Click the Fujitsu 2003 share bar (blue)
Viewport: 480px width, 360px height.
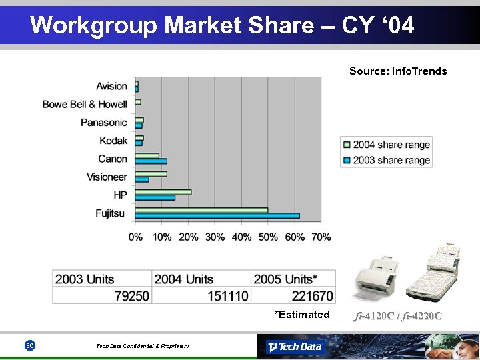pyautogui.click(x=217, y=216)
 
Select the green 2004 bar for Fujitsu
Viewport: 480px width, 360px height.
pyautogui.click(x=201, y=210)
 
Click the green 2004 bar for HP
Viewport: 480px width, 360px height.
pyautogui.click(x=163, y=192)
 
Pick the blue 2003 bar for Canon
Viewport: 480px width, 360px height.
pyautogui.click(x=151, y=161)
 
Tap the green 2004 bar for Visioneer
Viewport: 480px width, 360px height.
pyautogui.click(x=151, y=174)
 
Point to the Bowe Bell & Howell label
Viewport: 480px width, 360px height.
pyautogui.click(x=85, y=104)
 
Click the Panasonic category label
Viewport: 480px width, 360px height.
pyautogui.click(x=104, y=122)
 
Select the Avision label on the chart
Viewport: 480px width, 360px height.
pyautogui.click(x=111, y=86)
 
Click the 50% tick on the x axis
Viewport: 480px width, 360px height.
pyautogui.click(x=268, y=237)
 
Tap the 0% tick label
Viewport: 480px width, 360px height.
pyautogui.click(x=135, y=237)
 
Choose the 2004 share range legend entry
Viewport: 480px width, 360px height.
pyautogui.click(x=386, y=145)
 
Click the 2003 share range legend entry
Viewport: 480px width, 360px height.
pyautogui.click(x=386, y=160)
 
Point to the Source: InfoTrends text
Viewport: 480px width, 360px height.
pyautogui.click(x=398, y=71)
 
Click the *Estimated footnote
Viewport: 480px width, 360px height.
pyautogui.click(x=302, y=315)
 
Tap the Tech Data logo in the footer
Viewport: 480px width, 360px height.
pyautogui.click(x=294, y=347)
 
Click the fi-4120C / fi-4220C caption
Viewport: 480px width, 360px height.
pyautogui.click(x=398, y=315)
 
